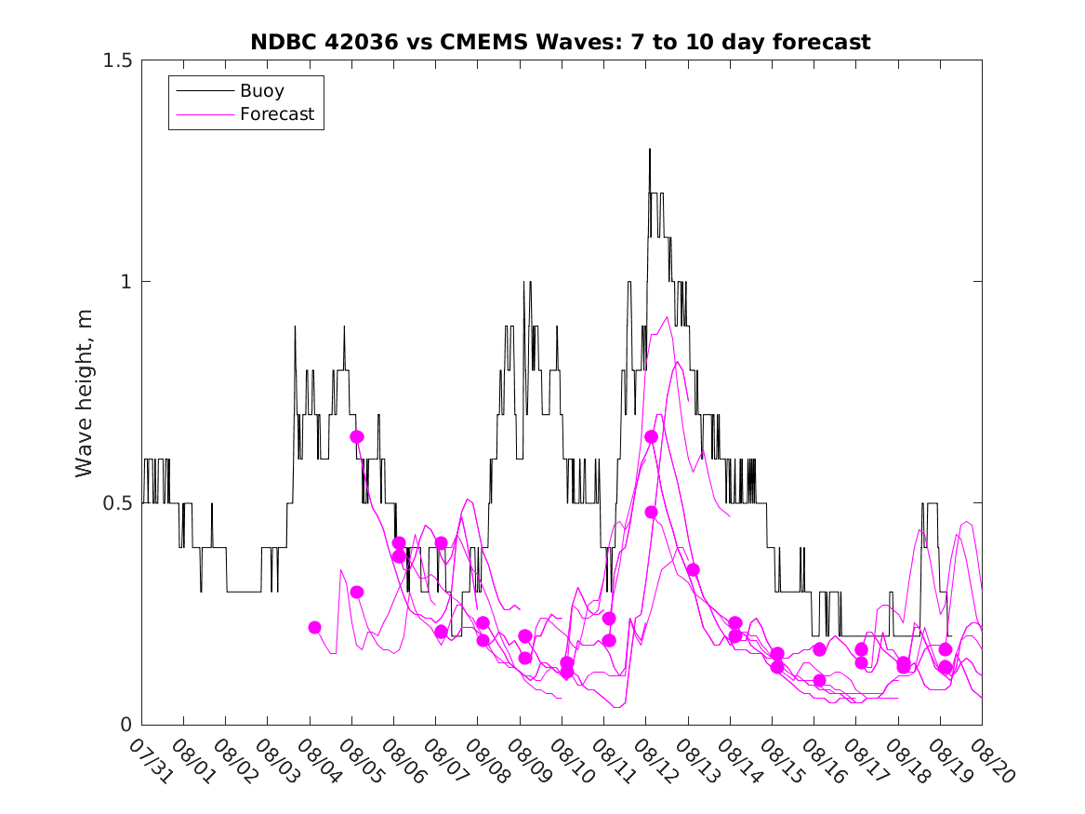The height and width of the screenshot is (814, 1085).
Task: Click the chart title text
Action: click(561, 42)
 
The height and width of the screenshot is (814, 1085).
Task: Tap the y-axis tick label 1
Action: click(126, 282)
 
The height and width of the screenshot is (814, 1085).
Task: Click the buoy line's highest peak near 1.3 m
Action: click(650, 150)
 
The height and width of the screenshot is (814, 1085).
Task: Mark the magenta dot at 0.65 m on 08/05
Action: click(357, 436)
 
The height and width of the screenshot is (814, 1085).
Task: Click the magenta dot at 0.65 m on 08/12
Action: click(651, 436)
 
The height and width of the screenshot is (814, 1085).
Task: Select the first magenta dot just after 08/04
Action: click(314, 628)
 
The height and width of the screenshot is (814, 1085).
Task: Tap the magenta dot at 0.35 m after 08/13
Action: click(693, 569)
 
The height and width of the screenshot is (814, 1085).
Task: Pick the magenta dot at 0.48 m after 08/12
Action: click(651, 512)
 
